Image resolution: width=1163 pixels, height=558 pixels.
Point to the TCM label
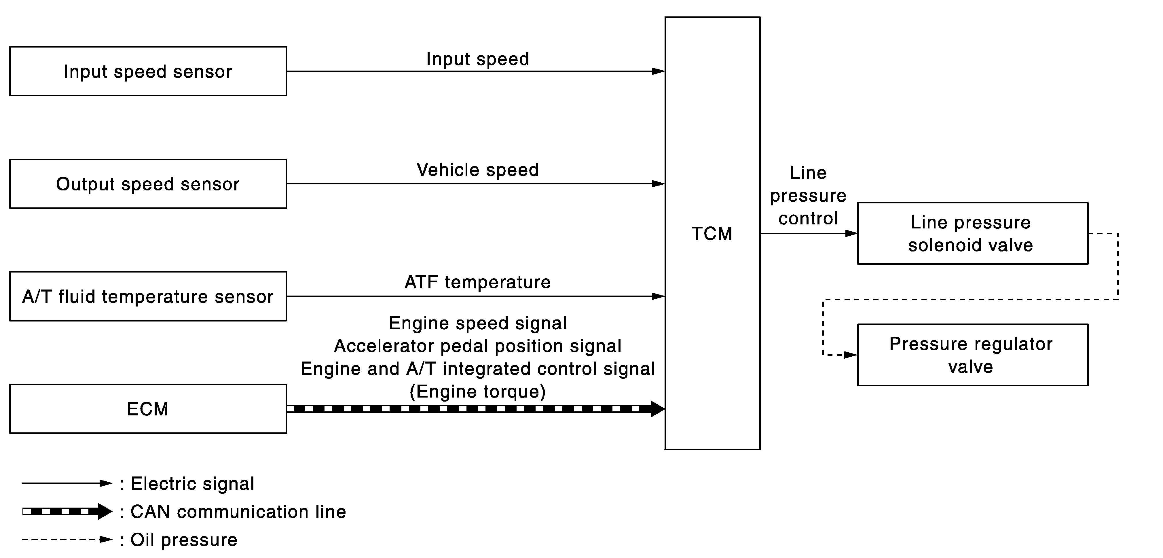click(712, 234)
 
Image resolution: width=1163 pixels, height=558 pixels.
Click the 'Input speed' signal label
click(478, 59)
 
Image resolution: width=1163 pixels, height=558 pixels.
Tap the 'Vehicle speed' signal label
click(478, 170)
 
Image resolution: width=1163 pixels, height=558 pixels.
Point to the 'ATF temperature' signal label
click(478, 282)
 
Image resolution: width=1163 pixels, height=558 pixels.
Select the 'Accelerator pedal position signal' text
click(478, 346)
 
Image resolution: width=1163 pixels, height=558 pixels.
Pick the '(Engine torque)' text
click(478, 391)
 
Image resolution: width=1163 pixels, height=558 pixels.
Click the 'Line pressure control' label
click(808, 196)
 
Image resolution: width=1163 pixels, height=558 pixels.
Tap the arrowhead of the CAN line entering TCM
click(658, 408)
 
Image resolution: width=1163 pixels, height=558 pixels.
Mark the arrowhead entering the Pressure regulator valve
click(851, 355)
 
